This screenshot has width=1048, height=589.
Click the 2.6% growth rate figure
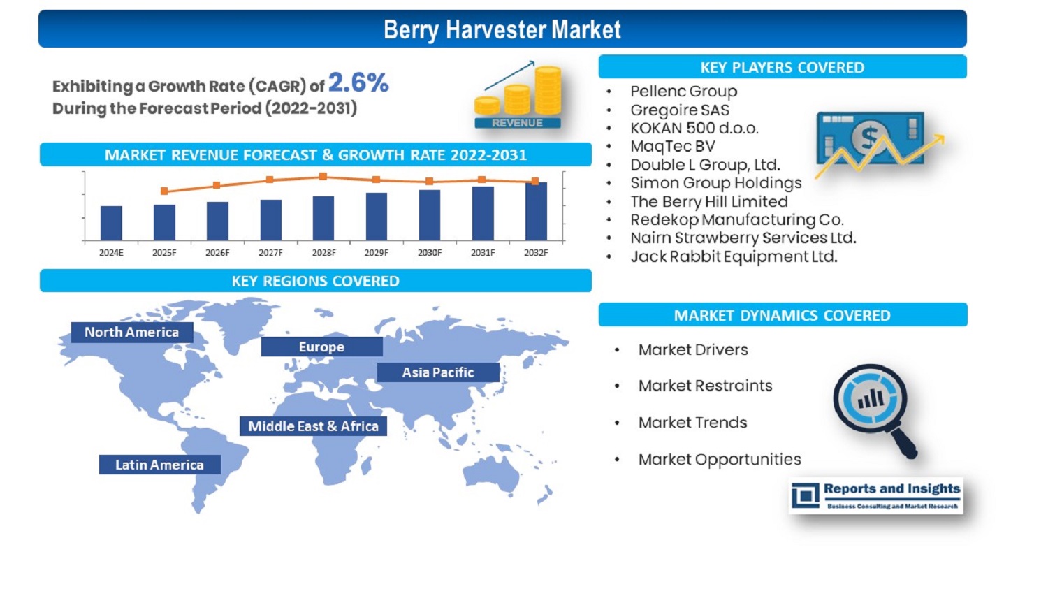pos(358,83)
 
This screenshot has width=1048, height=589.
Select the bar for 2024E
pos(111,223)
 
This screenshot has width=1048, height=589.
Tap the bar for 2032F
pos(536,212)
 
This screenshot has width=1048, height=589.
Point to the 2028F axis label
pos(323,253)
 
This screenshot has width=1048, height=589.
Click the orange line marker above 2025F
pos(164,191)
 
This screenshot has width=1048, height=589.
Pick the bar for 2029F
pos(377,217)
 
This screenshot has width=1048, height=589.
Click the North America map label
pos(132,332)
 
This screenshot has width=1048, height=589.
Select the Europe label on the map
pos(322,347)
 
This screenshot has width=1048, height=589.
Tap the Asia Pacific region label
pos(438,372)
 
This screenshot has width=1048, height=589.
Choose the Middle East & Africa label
pos(314,426)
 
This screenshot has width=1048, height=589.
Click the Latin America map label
pos(159,465)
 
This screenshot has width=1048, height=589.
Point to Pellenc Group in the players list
pos(683,92)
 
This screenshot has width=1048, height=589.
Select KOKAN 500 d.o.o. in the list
pos(694,128)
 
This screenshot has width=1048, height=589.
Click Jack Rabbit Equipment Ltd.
pos(734,257)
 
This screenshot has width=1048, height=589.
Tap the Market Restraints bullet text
pos(705,386)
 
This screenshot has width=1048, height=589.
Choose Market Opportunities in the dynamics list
pos(720,460)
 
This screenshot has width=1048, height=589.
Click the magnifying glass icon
pos(875,410)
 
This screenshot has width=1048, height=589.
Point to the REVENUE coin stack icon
pos(518,95)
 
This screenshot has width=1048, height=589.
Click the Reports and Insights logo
pos(876,496)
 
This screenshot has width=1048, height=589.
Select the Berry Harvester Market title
pos(502,29)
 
